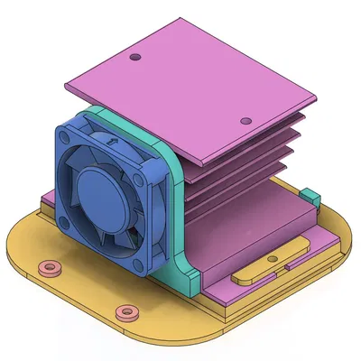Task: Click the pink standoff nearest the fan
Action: coord(48,267)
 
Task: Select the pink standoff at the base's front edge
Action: coord(125,313)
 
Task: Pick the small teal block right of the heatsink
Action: coord(310,195)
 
